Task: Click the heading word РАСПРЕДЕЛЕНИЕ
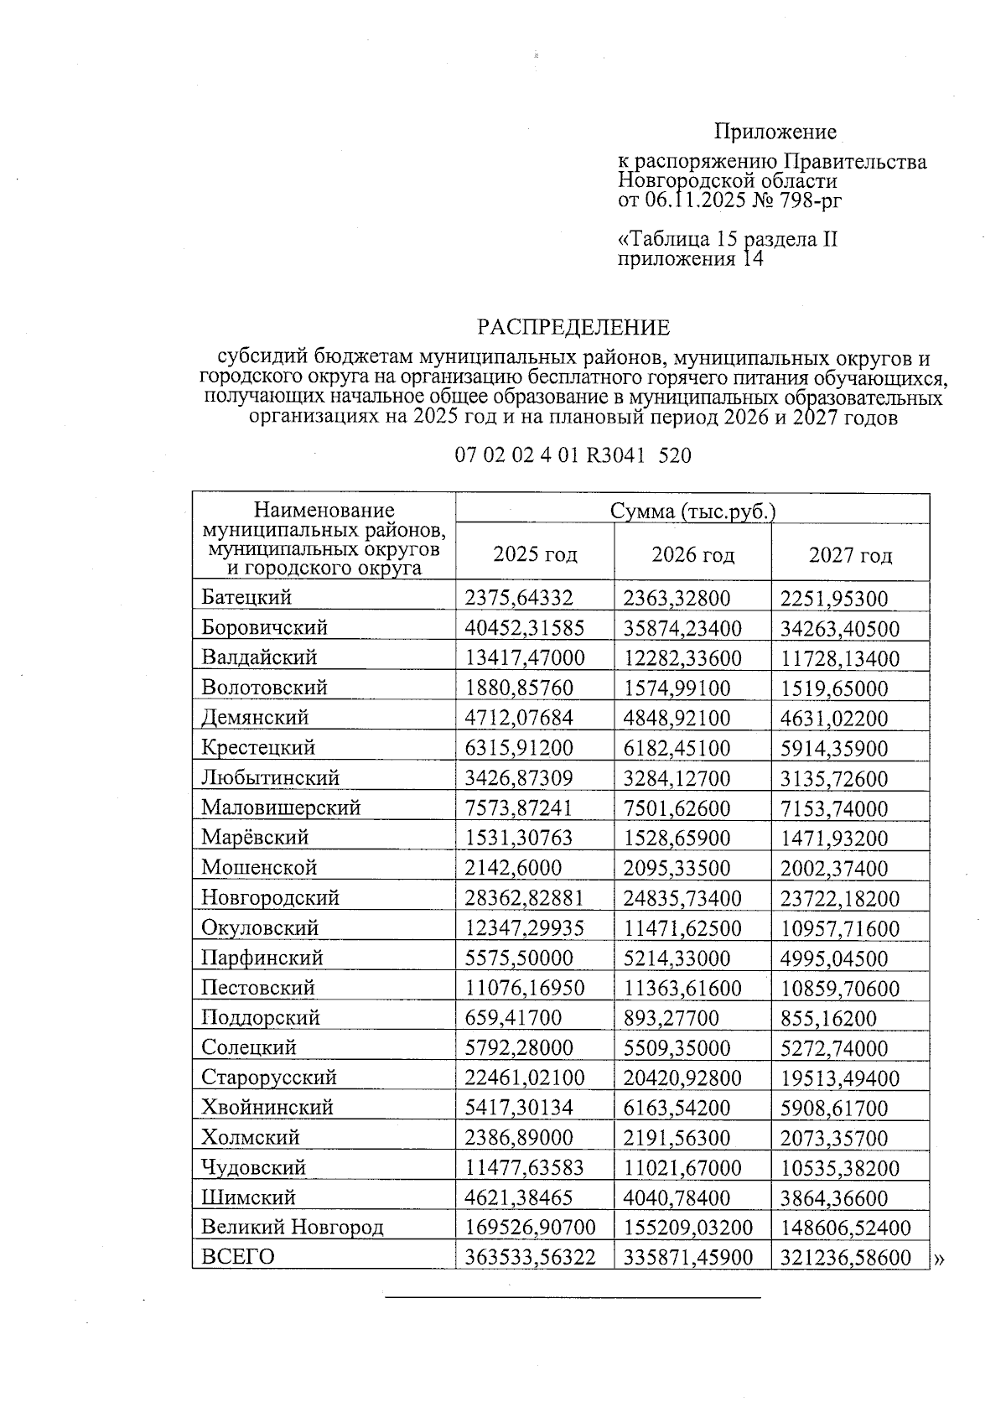573,327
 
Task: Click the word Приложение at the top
775,132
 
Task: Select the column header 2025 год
535,554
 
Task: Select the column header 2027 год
850,554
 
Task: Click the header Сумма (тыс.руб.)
692,511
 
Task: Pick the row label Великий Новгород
292,1228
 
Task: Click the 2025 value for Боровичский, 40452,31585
525,628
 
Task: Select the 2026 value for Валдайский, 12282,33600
682,658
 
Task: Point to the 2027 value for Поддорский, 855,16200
828,1019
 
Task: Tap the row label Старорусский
268,1078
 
